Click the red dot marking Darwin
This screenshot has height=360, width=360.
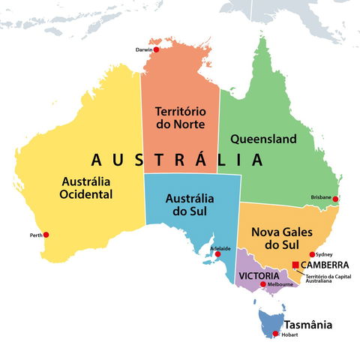(x=156, y=49)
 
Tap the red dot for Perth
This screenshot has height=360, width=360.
(x=46, y=235)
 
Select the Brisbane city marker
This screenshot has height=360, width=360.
(x=335, y=199)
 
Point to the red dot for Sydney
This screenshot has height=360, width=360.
(x=312, y=254)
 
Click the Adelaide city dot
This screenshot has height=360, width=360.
(x=218, y=254)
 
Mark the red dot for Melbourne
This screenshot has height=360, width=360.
(x=262, y=284)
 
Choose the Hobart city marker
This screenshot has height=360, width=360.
(x=275, y=334)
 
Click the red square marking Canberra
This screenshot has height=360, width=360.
(x=295, y=265)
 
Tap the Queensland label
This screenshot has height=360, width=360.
(x=263, y=139)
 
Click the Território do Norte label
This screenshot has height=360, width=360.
(x=180, y=117)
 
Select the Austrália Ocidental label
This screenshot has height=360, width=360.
(x=86, y=187)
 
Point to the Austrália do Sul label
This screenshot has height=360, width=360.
(x=189, y=205)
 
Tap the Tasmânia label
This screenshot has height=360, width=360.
(x=307, y=325)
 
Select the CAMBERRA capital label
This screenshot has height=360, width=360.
(x=325, y=265)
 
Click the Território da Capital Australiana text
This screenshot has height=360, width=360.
(x=328, y=278)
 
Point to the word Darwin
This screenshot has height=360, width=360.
(x=143, y=49)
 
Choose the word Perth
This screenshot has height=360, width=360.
(x=35, y=235)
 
